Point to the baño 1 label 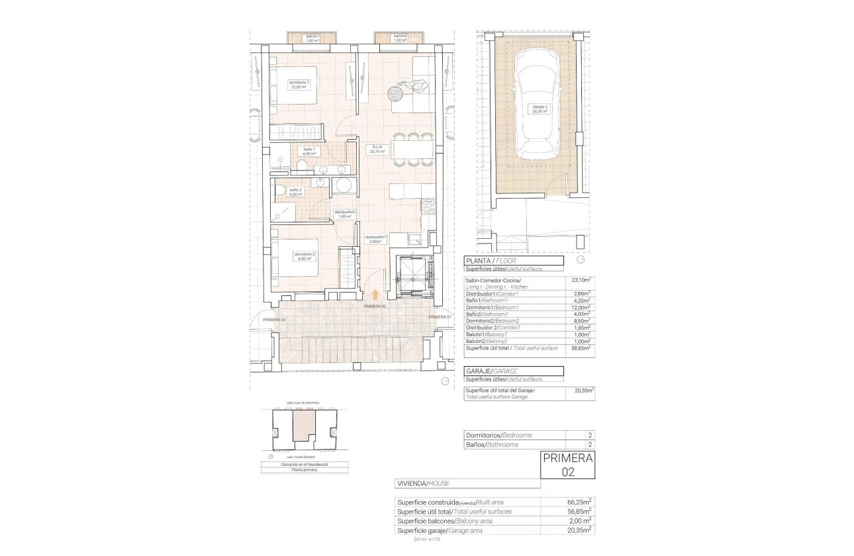click(x=308, y=152)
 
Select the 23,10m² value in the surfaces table click(x=581, y=281)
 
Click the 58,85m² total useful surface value click(x=581, y=347)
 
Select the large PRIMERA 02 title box click(x=567, y=465)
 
